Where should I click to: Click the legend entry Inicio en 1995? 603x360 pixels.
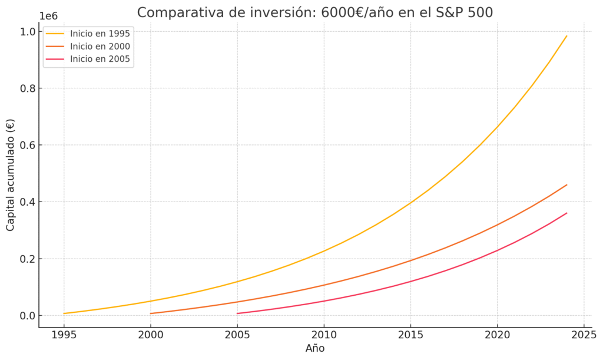(x=100, y=34)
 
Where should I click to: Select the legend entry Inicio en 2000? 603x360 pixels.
(x=100, y=46)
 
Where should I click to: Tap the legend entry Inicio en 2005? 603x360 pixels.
(x=100, y=59)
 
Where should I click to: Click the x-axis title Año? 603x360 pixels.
(x=315, y=349)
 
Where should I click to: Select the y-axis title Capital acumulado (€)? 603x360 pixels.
(x=11, y=175)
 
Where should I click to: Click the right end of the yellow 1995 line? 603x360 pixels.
(x=566, y=36)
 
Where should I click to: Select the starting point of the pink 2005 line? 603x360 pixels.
(x=237, y=313)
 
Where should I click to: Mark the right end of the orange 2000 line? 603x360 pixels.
(x=566, y=185)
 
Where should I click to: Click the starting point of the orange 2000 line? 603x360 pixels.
(x=151, y=313)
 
